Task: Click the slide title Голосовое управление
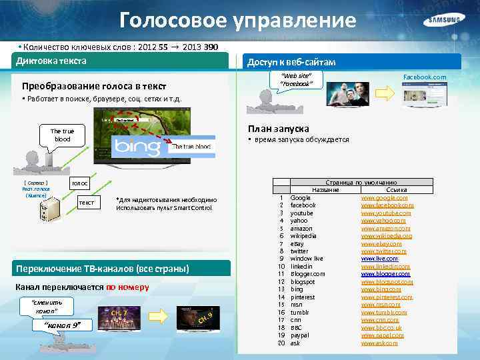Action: click(238, 21)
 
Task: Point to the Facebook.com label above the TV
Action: click(425, 77)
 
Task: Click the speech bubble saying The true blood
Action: click(62, 135)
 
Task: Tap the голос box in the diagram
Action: click(80, 183)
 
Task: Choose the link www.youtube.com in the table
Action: click(387, 213)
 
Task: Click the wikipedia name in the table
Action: click(303, 235)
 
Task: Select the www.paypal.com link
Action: click(383, 335)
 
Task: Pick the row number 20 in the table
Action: click(281, 343)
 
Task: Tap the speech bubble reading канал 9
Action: click(62, 325)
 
